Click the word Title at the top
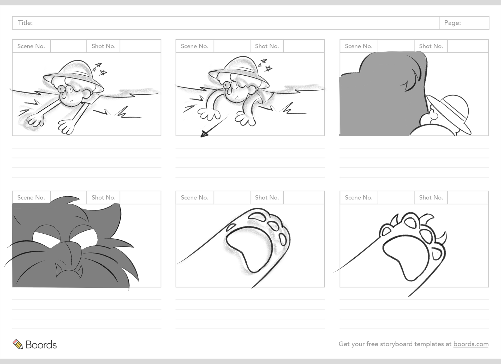pos(25,23)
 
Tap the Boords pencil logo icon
pos(18,344)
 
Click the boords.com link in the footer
pos(471,344)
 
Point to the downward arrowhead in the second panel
pos(204,134)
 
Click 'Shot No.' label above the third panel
pos(431,46)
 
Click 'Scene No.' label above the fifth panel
pos(194,198)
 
